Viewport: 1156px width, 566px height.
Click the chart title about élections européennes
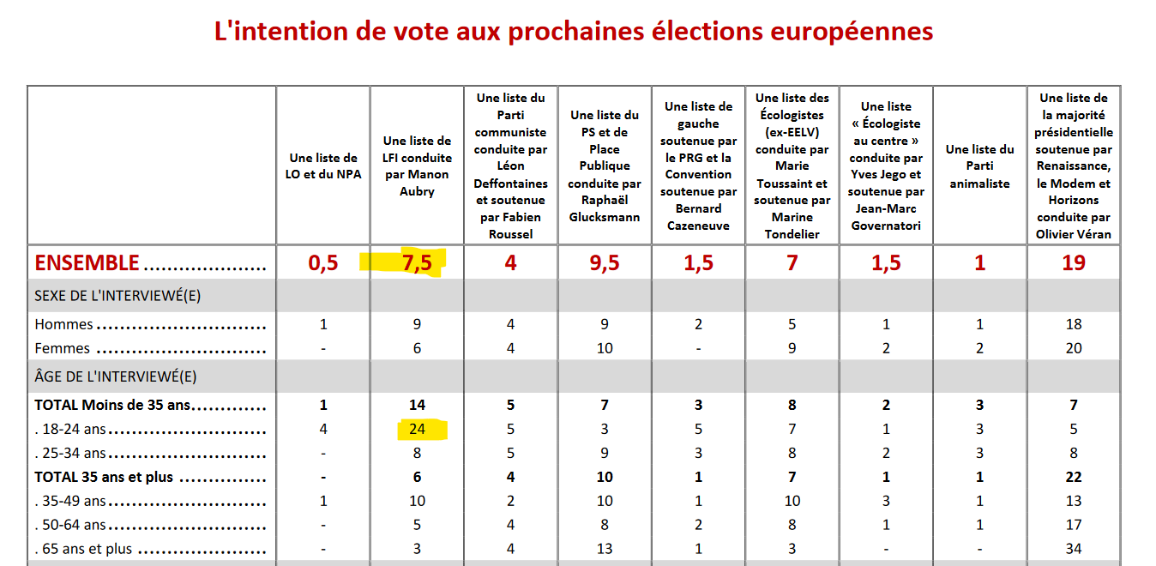574,32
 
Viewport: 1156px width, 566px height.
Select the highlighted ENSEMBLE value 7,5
417,263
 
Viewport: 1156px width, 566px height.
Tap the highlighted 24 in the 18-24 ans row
417,430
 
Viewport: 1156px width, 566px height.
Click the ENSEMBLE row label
87,263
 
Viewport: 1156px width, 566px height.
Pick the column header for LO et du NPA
323,166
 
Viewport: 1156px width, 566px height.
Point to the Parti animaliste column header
979,166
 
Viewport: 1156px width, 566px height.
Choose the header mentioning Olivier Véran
1074,166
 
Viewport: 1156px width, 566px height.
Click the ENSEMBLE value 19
1074,263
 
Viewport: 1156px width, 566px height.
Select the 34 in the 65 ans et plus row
1074,549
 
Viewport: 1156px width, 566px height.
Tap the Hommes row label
63,324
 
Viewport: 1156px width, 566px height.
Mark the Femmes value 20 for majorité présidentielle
1074,349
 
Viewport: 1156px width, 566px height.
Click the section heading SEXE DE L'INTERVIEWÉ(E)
117,296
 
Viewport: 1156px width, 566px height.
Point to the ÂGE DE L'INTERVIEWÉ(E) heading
116,376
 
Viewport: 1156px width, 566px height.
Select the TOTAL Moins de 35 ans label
112,405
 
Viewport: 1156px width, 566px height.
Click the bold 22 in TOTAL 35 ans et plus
1074,478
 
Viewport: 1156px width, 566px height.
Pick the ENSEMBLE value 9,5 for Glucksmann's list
605,263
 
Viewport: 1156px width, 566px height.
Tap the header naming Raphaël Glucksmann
605,166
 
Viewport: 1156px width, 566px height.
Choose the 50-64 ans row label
69,525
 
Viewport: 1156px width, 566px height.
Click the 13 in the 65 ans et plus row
605,549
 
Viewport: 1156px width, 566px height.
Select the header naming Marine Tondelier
792,166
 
